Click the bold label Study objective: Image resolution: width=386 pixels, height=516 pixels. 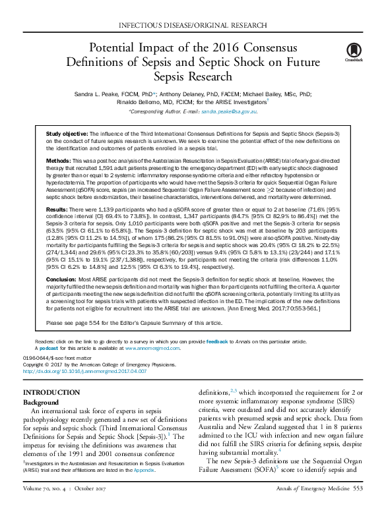(x=65, y=134)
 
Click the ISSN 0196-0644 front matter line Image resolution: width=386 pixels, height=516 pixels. (x=55, y=358)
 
